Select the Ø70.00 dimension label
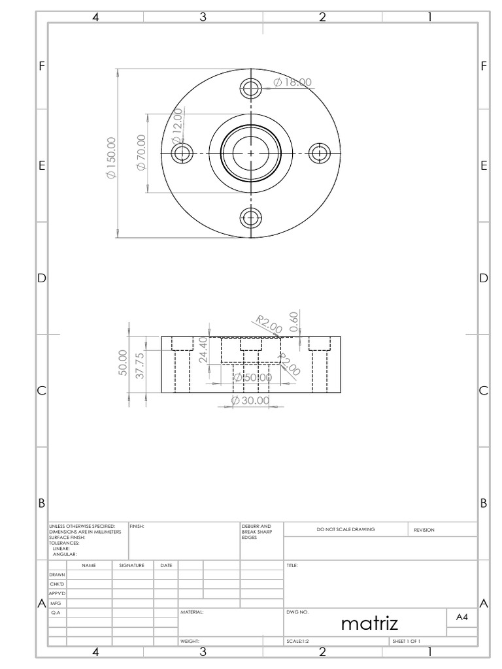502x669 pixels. pos(141,153)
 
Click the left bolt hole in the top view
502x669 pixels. pos(182,153)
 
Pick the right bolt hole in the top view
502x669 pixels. pos(319,153)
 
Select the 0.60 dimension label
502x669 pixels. pos(295,321)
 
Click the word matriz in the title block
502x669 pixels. pos(369,624)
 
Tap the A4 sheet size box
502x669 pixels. pos(461,617)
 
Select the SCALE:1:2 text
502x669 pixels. pos(298,642)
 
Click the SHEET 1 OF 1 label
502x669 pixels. pos(406,642)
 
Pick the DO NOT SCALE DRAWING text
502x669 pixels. pos(346,529)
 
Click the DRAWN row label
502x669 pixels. pos(57,574)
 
